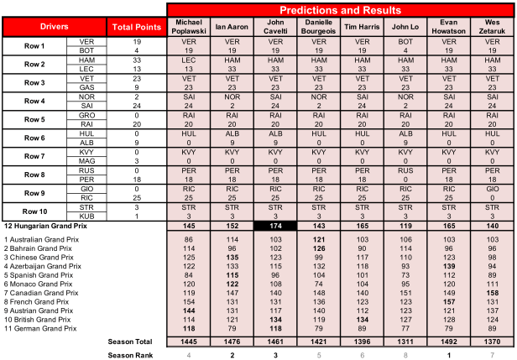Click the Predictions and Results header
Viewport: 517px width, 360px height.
coord(341,8)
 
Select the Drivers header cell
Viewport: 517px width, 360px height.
coord(54,26)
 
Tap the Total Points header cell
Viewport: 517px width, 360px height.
coord(134,26)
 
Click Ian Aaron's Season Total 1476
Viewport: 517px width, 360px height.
coord(232,342)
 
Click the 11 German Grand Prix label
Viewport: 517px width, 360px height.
coord(41,327)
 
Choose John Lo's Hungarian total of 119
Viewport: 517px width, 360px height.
coord(405,227)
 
